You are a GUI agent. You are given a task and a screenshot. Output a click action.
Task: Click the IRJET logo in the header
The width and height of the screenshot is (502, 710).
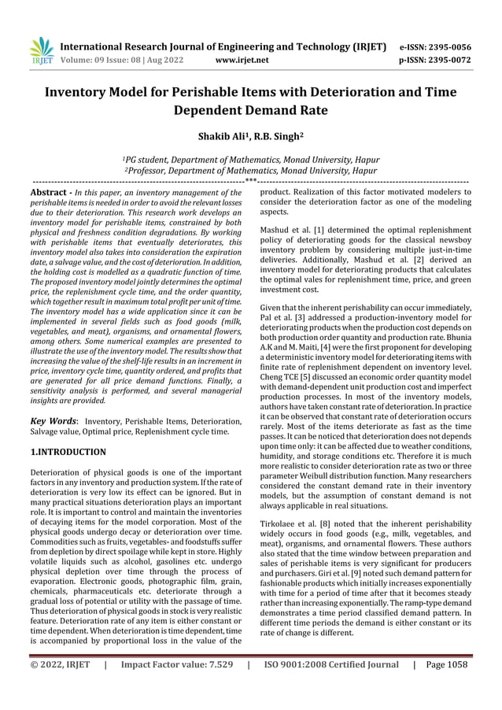[41, 50]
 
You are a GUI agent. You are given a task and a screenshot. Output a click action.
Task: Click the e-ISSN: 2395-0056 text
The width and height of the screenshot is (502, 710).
[435, 46]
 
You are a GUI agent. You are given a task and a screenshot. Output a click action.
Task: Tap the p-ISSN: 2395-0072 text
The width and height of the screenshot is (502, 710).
[435, 59]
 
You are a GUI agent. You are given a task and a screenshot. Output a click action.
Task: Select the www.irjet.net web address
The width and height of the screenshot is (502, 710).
[242, 59]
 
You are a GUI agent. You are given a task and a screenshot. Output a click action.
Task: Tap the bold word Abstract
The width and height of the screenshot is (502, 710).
[51, 192]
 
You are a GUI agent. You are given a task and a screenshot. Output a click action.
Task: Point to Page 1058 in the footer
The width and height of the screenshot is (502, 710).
[446, 664]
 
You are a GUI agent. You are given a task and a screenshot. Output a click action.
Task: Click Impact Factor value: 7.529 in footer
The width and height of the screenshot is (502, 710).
[176, 664]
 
